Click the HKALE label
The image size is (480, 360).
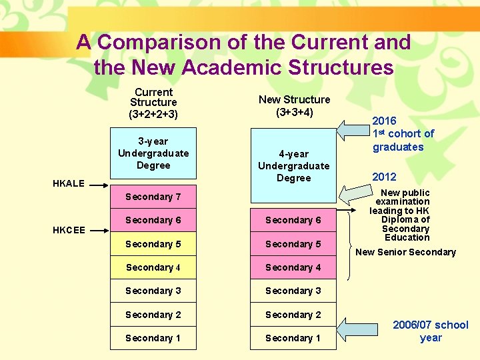point(69,183)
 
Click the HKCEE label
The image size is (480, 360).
point(69,231)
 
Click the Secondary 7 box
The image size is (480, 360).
point(153,197)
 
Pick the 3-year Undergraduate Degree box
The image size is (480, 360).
point(153,153)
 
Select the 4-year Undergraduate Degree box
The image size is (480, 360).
point(293,165)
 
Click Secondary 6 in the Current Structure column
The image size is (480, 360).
point(153,220)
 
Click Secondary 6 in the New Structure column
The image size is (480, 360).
point(293,220)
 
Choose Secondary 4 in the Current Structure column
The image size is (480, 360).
point(153,267)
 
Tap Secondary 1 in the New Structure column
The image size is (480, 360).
point(293,338)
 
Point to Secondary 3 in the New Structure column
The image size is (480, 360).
point(293,291)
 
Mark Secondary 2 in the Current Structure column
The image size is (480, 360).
point(153,315)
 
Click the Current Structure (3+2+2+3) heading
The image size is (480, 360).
point(153,103)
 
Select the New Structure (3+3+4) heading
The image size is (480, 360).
point(294,106)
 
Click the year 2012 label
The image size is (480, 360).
point(384,177)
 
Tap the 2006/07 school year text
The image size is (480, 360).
point(431,331)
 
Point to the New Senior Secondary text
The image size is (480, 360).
point(405,252)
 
